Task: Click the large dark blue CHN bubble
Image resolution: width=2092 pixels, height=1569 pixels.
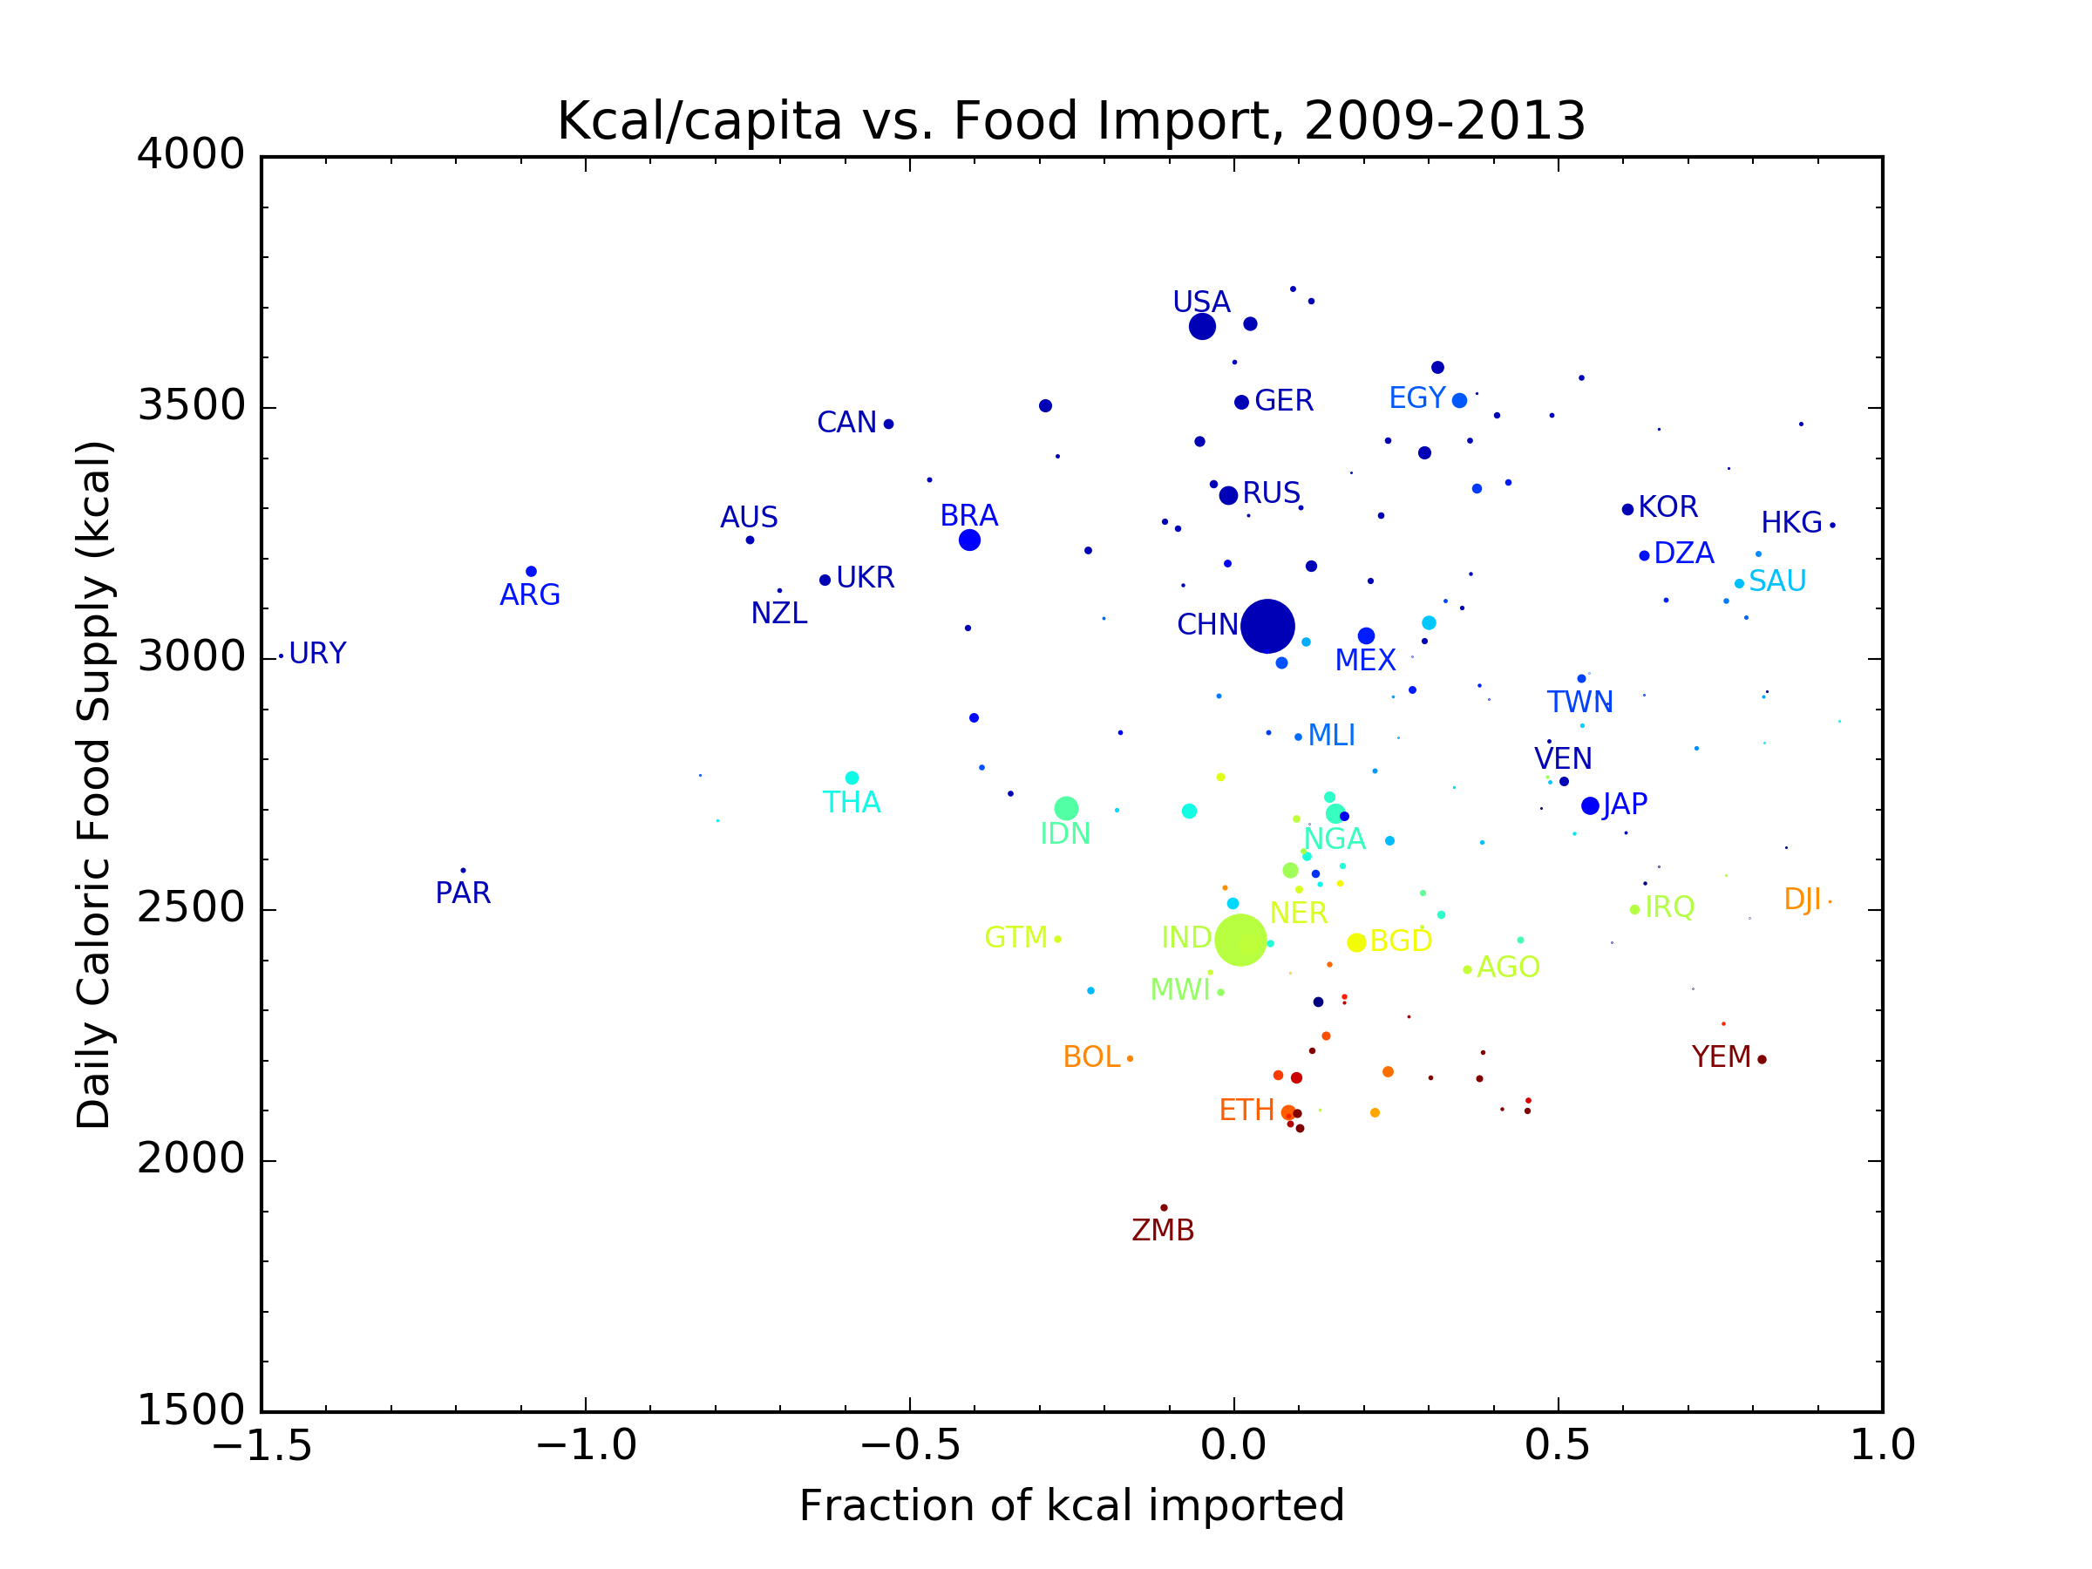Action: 1267,626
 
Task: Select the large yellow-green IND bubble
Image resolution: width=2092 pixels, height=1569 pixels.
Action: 1240,940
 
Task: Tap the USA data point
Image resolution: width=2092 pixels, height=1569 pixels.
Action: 1202,326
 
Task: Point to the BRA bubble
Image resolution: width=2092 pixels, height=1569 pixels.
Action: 969,540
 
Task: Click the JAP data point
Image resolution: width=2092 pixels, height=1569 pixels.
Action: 1591,805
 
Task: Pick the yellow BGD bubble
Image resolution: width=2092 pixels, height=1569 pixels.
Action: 1356,942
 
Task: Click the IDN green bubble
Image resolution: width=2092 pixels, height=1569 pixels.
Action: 1066,809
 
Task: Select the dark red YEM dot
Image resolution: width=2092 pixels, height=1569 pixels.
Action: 1762,1059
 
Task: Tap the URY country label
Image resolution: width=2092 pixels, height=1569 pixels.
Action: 318,654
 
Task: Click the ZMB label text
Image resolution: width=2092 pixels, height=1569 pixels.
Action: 1164,1231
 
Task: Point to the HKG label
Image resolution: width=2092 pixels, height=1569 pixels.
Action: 1791,523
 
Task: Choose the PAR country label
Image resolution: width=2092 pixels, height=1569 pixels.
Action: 463,893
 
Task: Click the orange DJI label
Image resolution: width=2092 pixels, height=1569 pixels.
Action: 1802,900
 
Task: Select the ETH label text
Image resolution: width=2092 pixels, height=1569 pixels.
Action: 1246,1111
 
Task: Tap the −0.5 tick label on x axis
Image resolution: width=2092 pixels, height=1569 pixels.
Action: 909,1446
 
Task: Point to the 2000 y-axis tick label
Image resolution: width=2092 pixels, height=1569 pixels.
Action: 191,1158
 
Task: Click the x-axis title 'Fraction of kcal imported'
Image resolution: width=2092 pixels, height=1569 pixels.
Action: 1071,1505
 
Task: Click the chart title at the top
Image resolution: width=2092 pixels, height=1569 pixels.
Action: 1071,121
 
